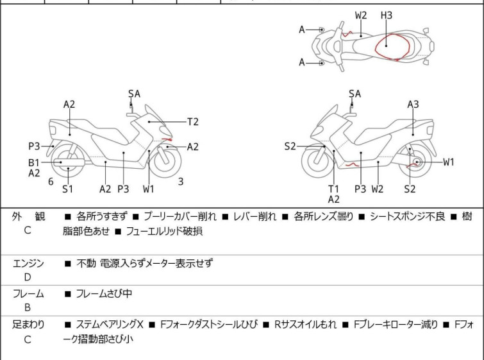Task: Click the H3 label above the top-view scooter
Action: click(x=386, y=15)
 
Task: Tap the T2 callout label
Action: click(x=193, y=122)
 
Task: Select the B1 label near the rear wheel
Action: click(x=34, y=162)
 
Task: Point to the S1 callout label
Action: click(x=67, y=189)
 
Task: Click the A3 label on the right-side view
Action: click(x=413, y=105)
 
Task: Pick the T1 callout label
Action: click(x=334, y=189)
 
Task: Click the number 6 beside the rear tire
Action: click(x=51, y=182)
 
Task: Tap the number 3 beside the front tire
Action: click(x=181, y=182)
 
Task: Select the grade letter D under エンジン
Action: click(x=28, y=277)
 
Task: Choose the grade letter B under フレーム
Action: click(x=28, y=307)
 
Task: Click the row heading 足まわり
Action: click(x=28, y=325)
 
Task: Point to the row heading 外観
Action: click(x=28, y=216)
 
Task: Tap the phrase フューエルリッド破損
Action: click(x=164, y=231)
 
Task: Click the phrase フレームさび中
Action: click(x=104, y=293)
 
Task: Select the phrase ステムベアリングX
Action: click(x=110, y=325)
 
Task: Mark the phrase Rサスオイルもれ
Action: click(x=305, y=325)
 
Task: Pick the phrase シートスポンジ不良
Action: click(x=408, y=216)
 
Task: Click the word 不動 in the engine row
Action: click(x=86, y=263)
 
